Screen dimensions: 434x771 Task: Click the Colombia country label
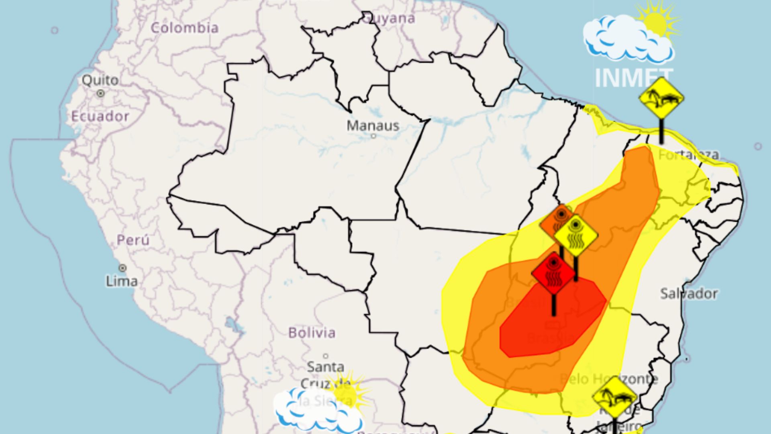click(185, 28)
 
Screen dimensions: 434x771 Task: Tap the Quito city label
click(100, 80)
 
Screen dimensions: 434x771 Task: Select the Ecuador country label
click(100, 117)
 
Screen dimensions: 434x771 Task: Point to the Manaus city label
click(373, 126)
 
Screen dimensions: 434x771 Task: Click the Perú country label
click(133, 240)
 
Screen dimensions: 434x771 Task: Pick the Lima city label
click(122, 281)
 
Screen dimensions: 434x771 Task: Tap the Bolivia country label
click(312, 333)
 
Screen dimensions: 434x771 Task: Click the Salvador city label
click(689, 294)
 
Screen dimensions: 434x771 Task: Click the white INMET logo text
click(634, 78)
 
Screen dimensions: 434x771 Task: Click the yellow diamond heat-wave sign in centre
click(575, 236)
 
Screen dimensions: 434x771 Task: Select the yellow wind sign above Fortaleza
click(661, 98)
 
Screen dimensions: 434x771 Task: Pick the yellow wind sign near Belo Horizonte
click(614, 397)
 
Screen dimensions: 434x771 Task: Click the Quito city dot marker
click(100, 94)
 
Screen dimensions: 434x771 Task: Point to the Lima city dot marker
click(122, 268)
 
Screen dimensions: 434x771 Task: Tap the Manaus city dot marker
click(373, 136)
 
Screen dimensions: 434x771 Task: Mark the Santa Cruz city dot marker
click(326, 356)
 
